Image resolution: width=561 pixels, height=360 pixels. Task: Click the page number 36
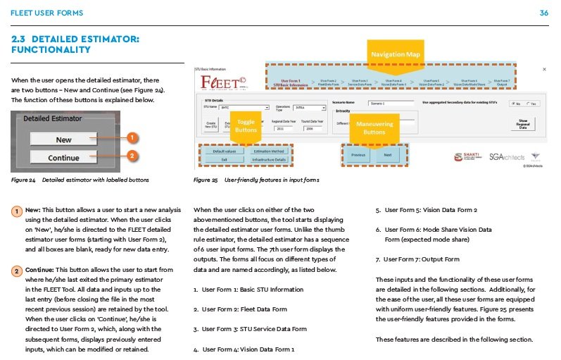click(x=543, y=13)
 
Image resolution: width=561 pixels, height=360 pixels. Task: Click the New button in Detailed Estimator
click(x=64, y=139)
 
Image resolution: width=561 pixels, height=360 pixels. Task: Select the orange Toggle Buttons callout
click(x=246, y=126)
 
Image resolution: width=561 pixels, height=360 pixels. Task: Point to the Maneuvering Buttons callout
click(x=374, y=128)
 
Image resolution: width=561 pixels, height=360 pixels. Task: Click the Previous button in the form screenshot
click(x=358, y=155)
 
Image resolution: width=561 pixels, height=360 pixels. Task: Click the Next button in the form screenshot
click(x=388, y=155)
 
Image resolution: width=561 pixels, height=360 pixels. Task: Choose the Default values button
click(x=224, y=151)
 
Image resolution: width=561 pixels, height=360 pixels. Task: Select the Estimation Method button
click(x=268, y=151)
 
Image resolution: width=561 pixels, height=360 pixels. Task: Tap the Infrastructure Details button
click(x=268, y=160)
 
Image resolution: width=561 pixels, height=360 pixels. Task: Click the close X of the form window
click(x=544, y=70)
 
